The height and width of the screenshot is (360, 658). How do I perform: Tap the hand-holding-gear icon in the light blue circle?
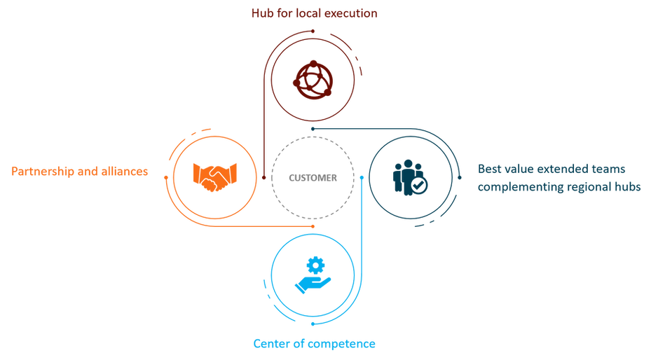click(x=313, y=273)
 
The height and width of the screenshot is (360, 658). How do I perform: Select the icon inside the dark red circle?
click(x=312, y=78)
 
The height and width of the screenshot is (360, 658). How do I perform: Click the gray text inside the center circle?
click(x=313, y=176)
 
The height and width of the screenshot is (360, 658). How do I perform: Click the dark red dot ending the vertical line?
click(x=264, y=181)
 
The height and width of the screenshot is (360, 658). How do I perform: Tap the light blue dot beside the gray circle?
click(x=362, y=176)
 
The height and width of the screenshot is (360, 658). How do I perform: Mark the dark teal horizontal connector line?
click(x=364, y=128)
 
